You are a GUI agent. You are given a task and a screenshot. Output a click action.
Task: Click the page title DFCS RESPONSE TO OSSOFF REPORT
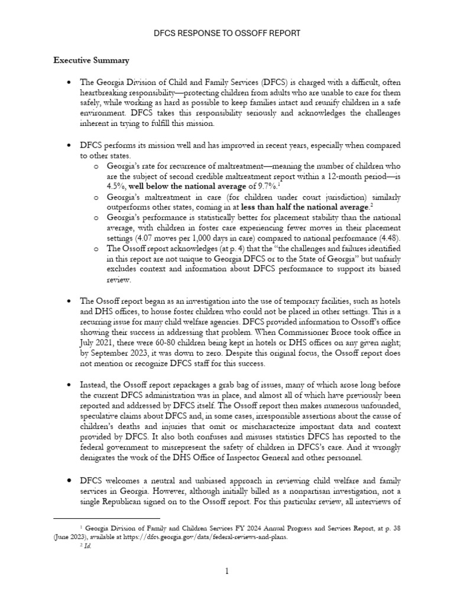227,33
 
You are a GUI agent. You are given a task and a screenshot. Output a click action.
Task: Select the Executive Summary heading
92,60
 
